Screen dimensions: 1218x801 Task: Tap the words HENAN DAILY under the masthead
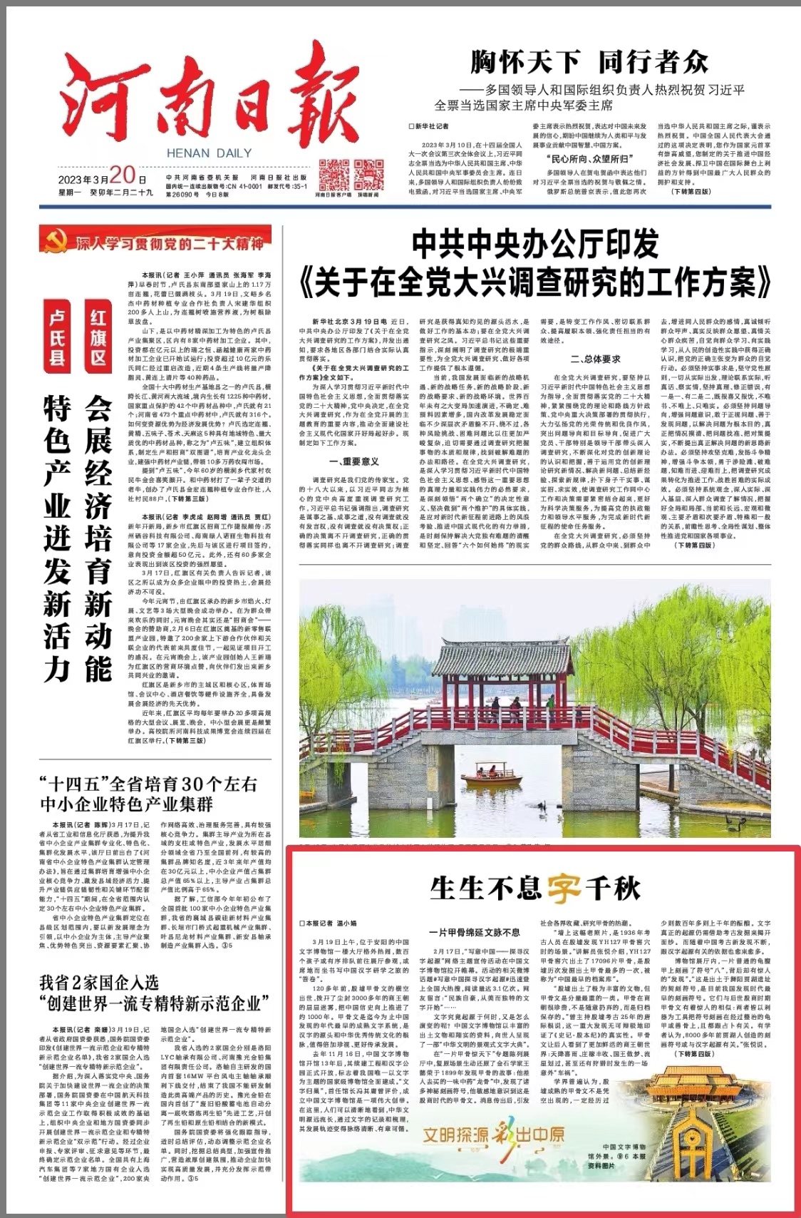click(209, 153)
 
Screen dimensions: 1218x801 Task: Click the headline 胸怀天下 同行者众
click(589, 63)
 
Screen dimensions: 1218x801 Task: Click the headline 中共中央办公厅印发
click(535, 245)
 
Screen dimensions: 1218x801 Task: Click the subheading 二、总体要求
click(595, 359)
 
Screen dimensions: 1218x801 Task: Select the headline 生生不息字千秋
click(535, 889)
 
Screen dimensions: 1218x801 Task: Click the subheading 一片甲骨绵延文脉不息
click(475, 932)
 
